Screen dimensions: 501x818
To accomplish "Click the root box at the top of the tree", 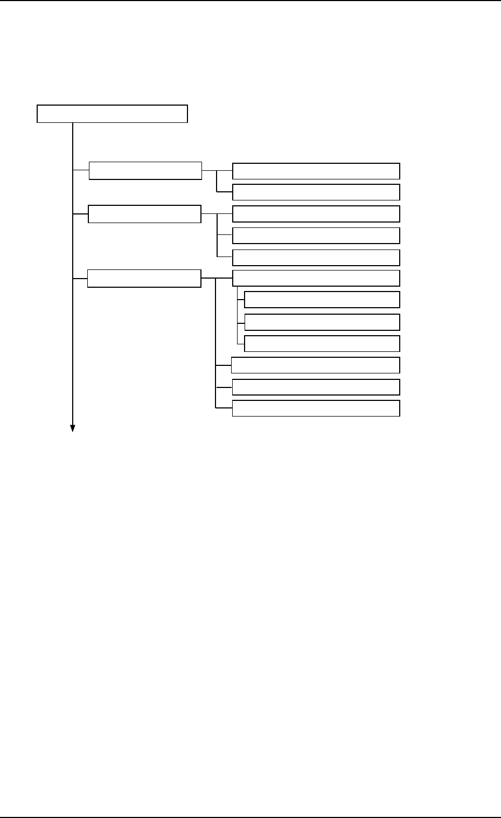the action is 112,114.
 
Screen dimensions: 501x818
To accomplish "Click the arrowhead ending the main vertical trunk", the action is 72,428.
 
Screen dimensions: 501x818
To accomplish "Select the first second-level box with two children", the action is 145,170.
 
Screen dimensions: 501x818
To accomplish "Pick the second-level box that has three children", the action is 144,214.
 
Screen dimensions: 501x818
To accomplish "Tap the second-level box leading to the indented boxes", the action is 144,279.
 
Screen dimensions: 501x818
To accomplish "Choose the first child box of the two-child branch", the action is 316,171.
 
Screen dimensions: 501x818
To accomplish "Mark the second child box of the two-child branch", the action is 316,192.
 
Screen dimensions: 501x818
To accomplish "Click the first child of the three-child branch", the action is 316,214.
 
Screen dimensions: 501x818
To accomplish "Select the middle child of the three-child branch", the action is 316,236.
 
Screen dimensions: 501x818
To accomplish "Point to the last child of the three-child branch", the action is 316,258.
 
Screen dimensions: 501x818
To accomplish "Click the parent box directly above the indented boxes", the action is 316,278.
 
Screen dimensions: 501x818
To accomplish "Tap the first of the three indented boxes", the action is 322,300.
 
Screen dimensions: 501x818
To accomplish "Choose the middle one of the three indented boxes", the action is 322,322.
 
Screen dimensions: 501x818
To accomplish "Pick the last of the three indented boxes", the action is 322,344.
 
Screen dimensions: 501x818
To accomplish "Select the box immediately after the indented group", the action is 315,365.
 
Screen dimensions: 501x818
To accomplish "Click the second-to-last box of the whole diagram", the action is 316,387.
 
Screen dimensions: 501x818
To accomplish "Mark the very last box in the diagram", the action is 316,408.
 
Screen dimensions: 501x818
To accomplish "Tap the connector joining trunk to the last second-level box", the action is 80,279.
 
